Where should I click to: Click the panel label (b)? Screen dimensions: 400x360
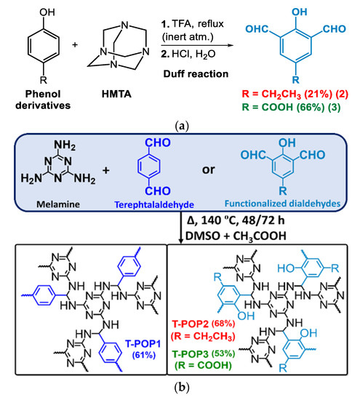[180, 391]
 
